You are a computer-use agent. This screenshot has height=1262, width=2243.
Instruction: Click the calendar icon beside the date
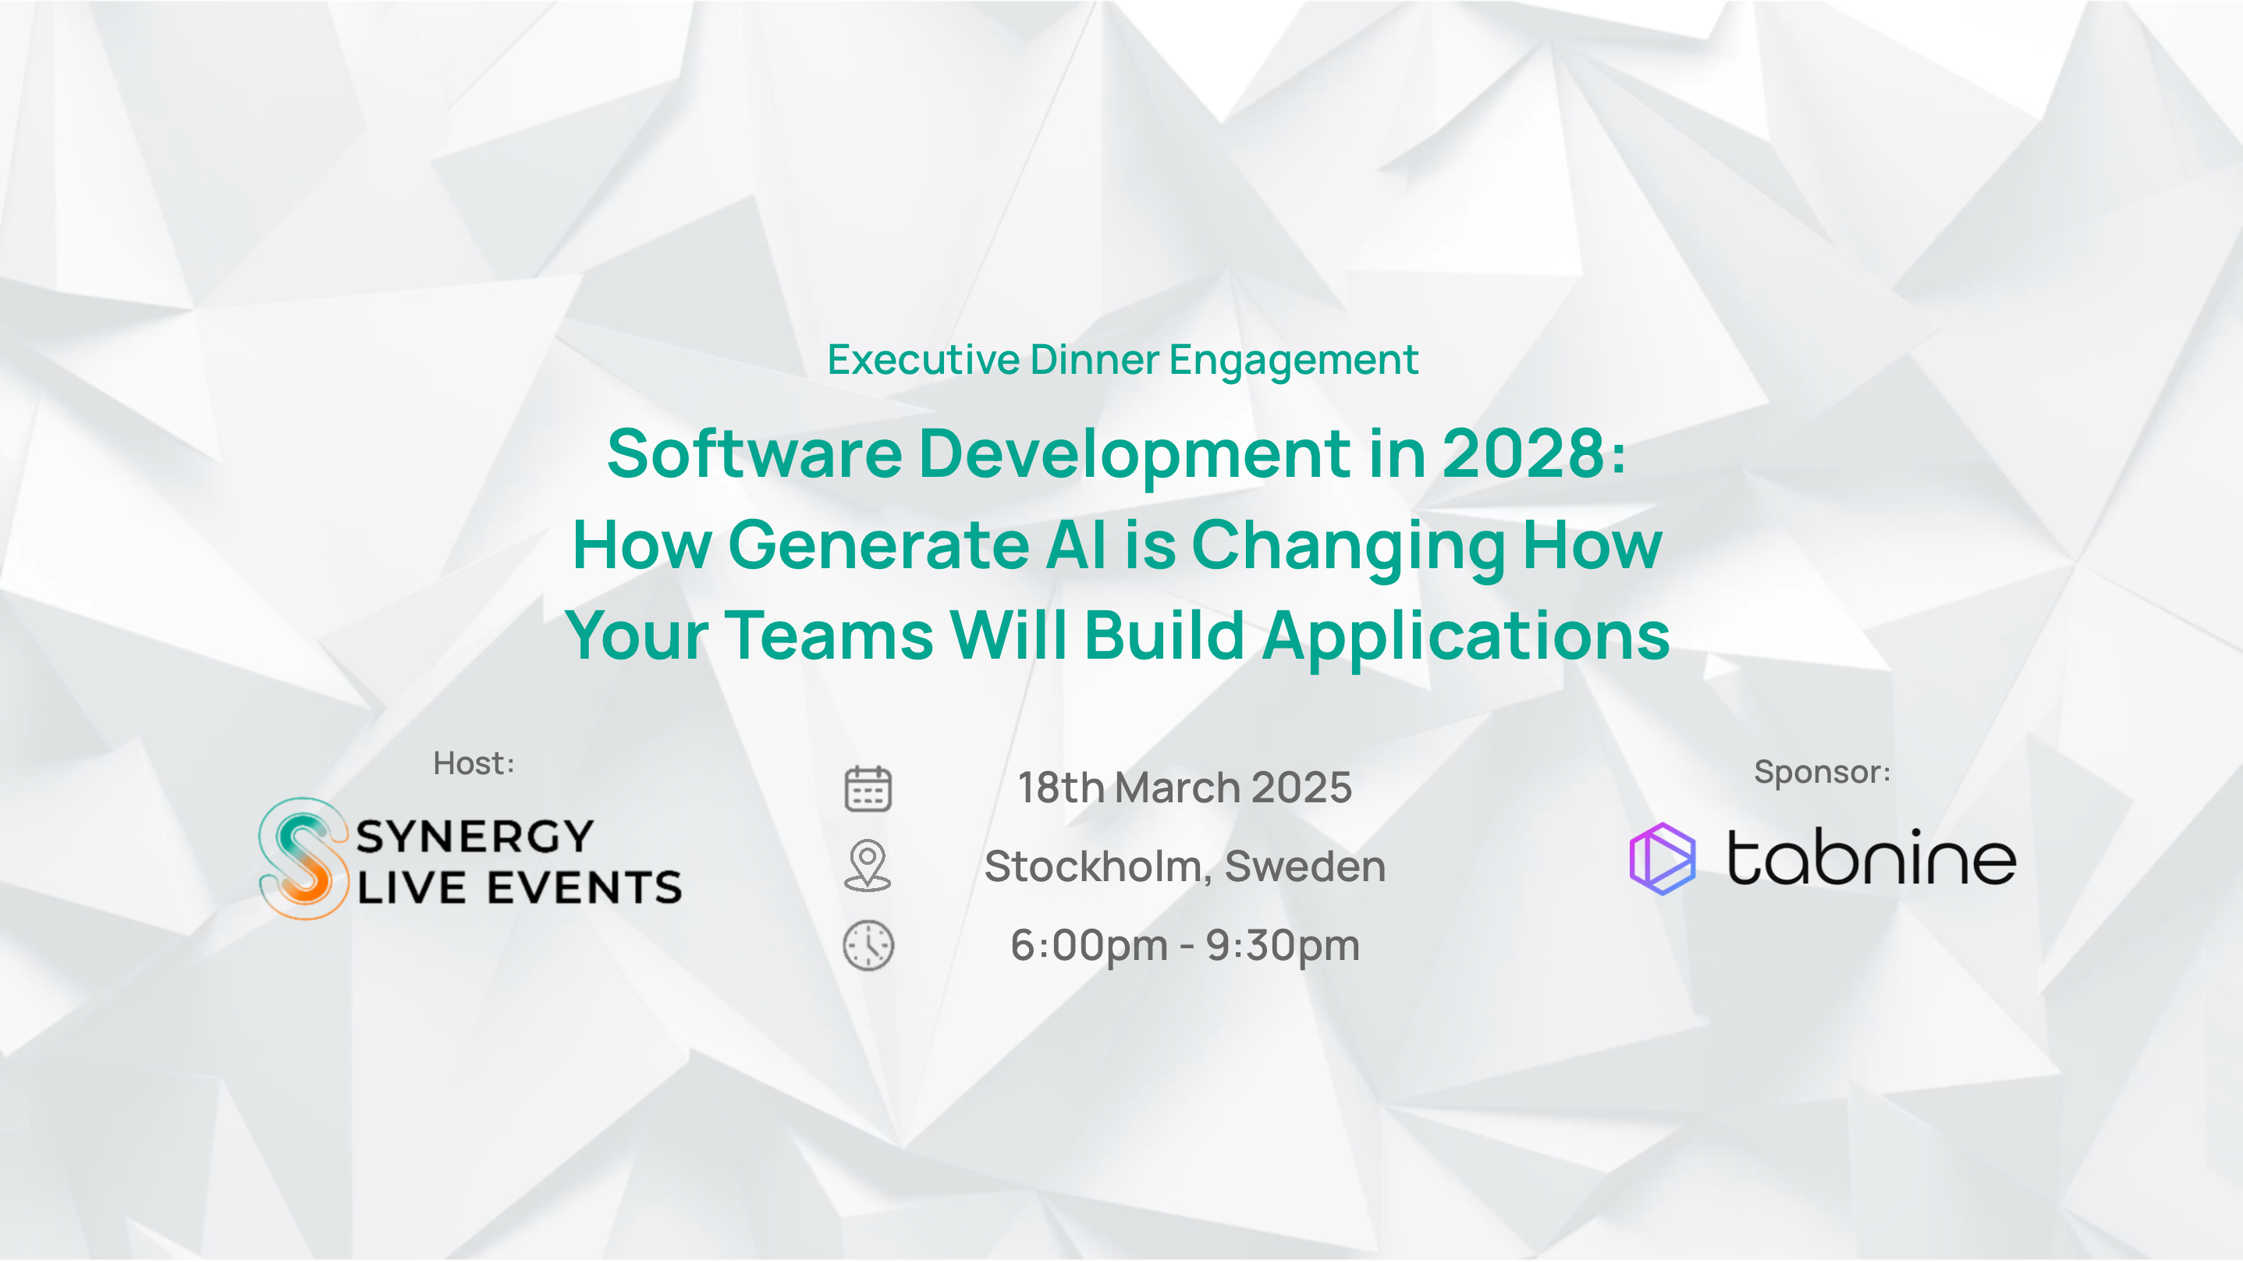pyautogui.click(x=868, y=788)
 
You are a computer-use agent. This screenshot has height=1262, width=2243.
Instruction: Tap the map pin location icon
pyautogui.click(x=868, y=866)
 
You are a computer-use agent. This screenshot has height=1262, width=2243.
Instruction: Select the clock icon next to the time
pyautogui.click(x=868, y=945)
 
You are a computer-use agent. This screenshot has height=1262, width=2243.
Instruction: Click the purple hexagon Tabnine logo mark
pyautogui.click(x=1663, y=859)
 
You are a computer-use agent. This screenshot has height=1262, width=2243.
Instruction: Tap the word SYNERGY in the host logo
pyautogui.click(x=475, y=836)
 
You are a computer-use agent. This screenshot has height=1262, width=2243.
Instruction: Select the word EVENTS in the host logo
pyautogui.click(x=584, y=887)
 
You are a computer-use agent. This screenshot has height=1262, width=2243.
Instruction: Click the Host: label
pyautogui.click(x=474, y=763)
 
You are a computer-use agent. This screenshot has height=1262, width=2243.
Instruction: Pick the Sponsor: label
pyautogui.click(x=1822, y=772)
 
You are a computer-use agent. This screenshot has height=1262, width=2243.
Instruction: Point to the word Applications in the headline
pyautogui.click(x=1466, y=637)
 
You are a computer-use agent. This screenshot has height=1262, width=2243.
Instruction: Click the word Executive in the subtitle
pyautogui.click(x=923, y=360)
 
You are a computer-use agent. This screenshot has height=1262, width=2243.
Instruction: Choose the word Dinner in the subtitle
pyautogui.click(x=1094, y=360)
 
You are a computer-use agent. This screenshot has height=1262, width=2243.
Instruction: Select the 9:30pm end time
pyautogui.click(x=1283, y=947)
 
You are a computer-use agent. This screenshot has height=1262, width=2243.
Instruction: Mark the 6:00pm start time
pyautogui.click(x=1088, y=947)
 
